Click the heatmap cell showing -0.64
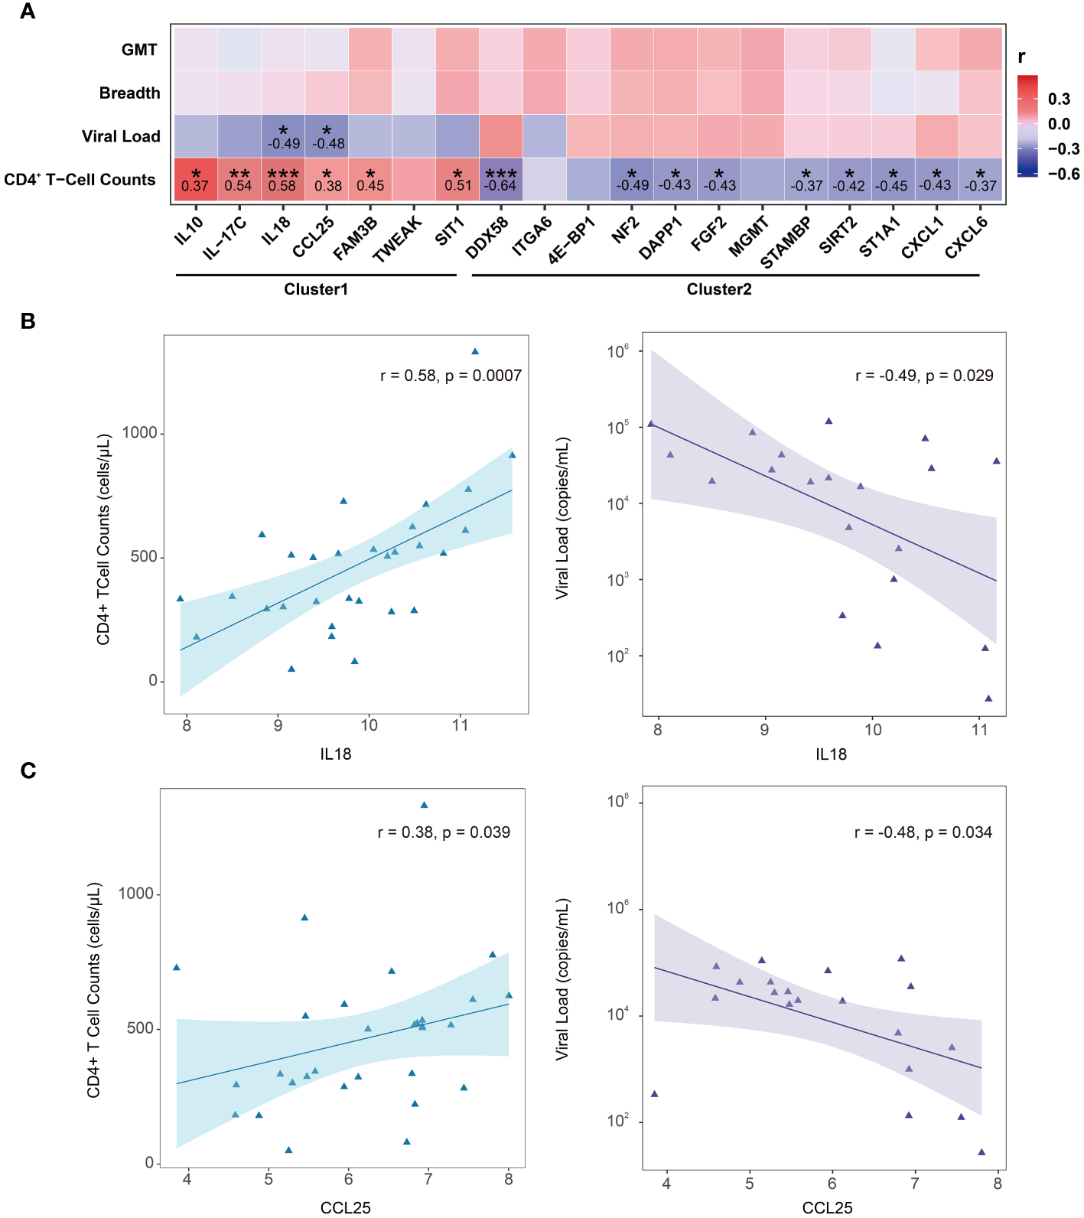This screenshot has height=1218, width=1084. tap(501, 180)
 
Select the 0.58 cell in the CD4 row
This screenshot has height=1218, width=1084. tap(282, 180)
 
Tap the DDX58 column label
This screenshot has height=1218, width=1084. tap(486, 238)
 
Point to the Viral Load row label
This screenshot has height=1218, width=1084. tap(121, 136)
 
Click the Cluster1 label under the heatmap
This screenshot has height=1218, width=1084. tap(316, 289)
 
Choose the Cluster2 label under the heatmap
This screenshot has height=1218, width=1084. tap(719, 289)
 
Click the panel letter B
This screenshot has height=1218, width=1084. tap(28, 321)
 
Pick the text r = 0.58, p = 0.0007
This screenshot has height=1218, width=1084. tap(451, 376)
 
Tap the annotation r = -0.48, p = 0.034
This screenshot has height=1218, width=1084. tap(923, 832)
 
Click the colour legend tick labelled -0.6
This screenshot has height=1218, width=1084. tap(1063, 174)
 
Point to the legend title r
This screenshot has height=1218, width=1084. tap(1022, 57)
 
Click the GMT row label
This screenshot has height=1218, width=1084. tap(139, 50)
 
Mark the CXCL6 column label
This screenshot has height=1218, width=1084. tap(965, 237)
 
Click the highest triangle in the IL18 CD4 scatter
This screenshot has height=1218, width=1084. tap(475, 352)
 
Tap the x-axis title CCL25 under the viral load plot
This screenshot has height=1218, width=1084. tap(827, 1207)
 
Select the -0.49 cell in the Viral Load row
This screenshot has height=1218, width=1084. tap(283, 136)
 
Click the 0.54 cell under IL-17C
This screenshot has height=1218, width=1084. tap(239, 180)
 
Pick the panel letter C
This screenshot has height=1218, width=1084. tap(28, 770)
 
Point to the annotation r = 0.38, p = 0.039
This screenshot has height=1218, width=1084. tap(444, 832)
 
